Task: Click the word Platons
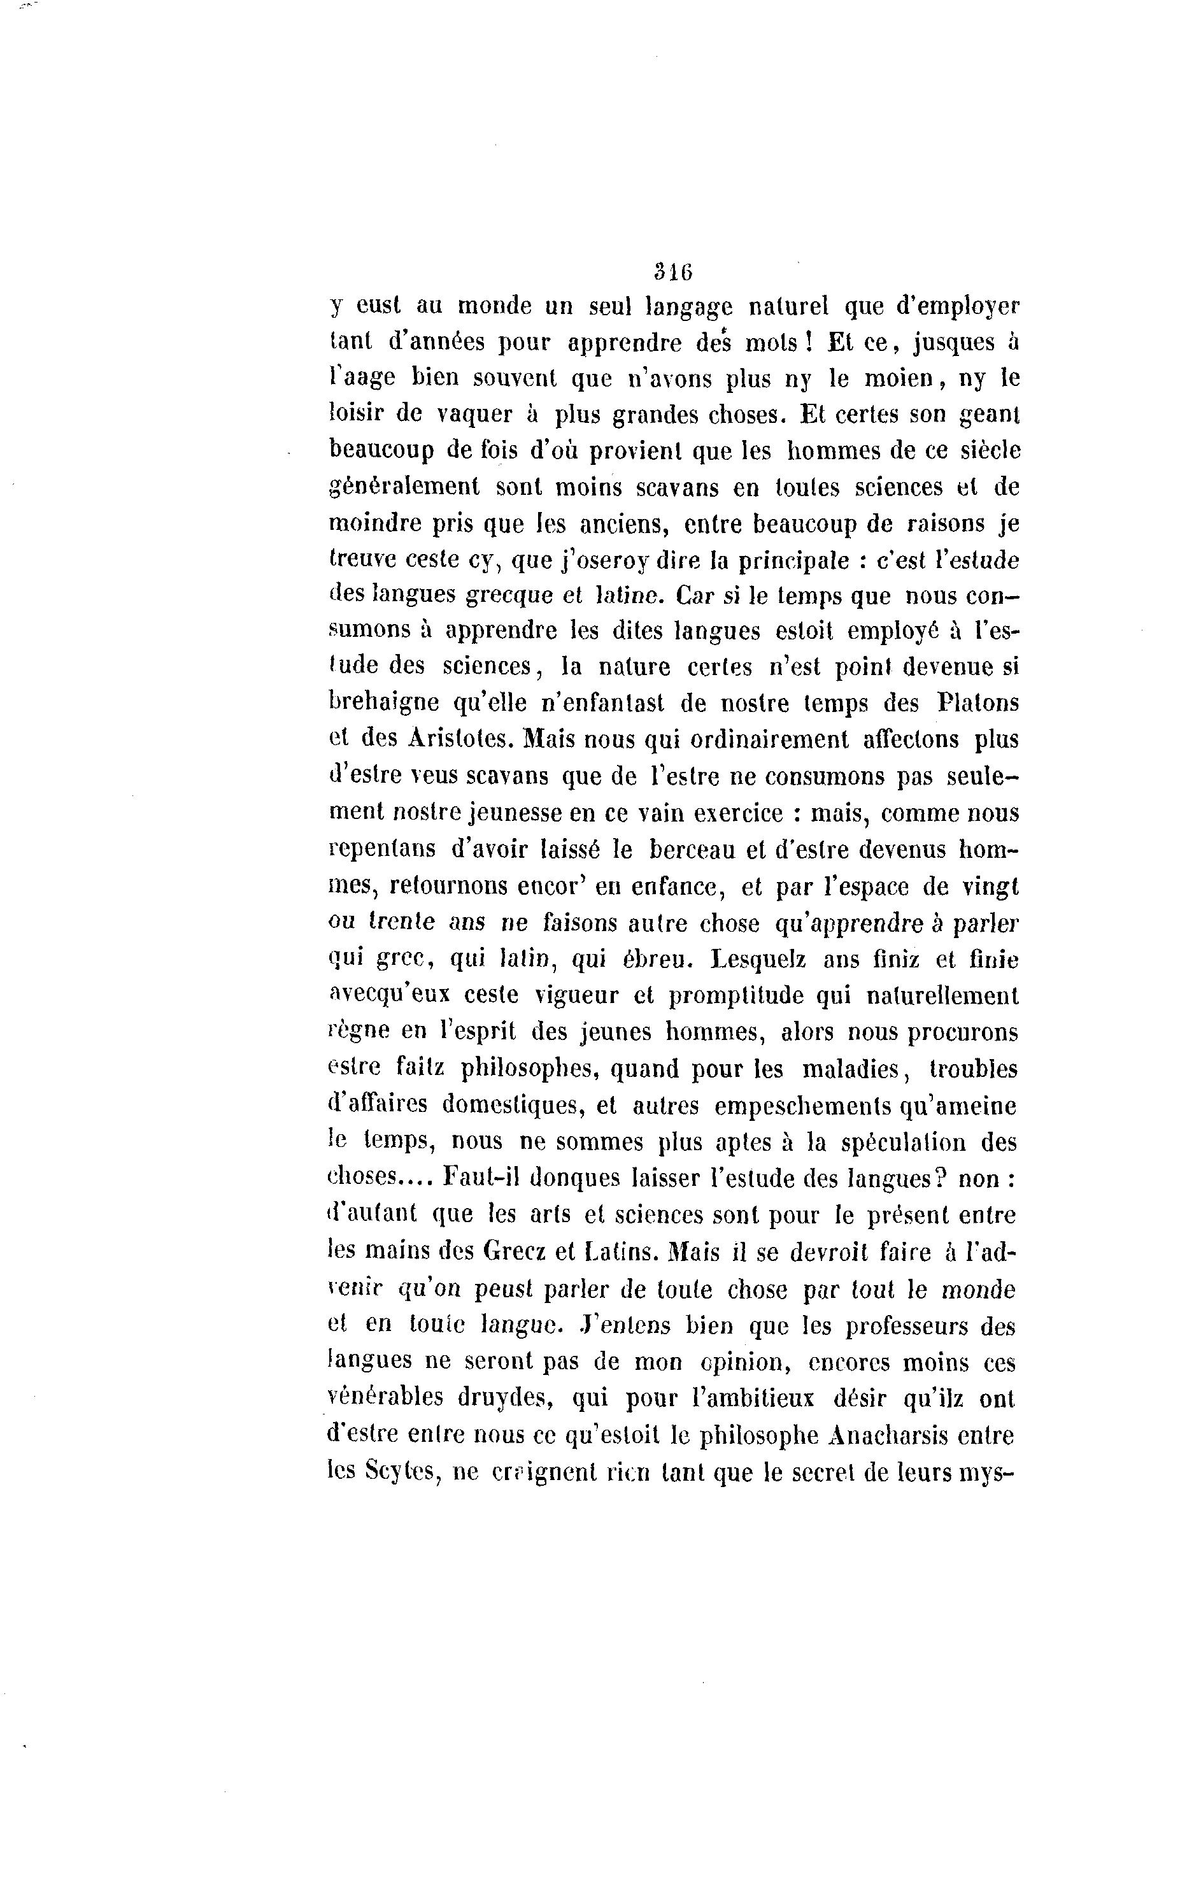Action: tap(977, 702)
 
